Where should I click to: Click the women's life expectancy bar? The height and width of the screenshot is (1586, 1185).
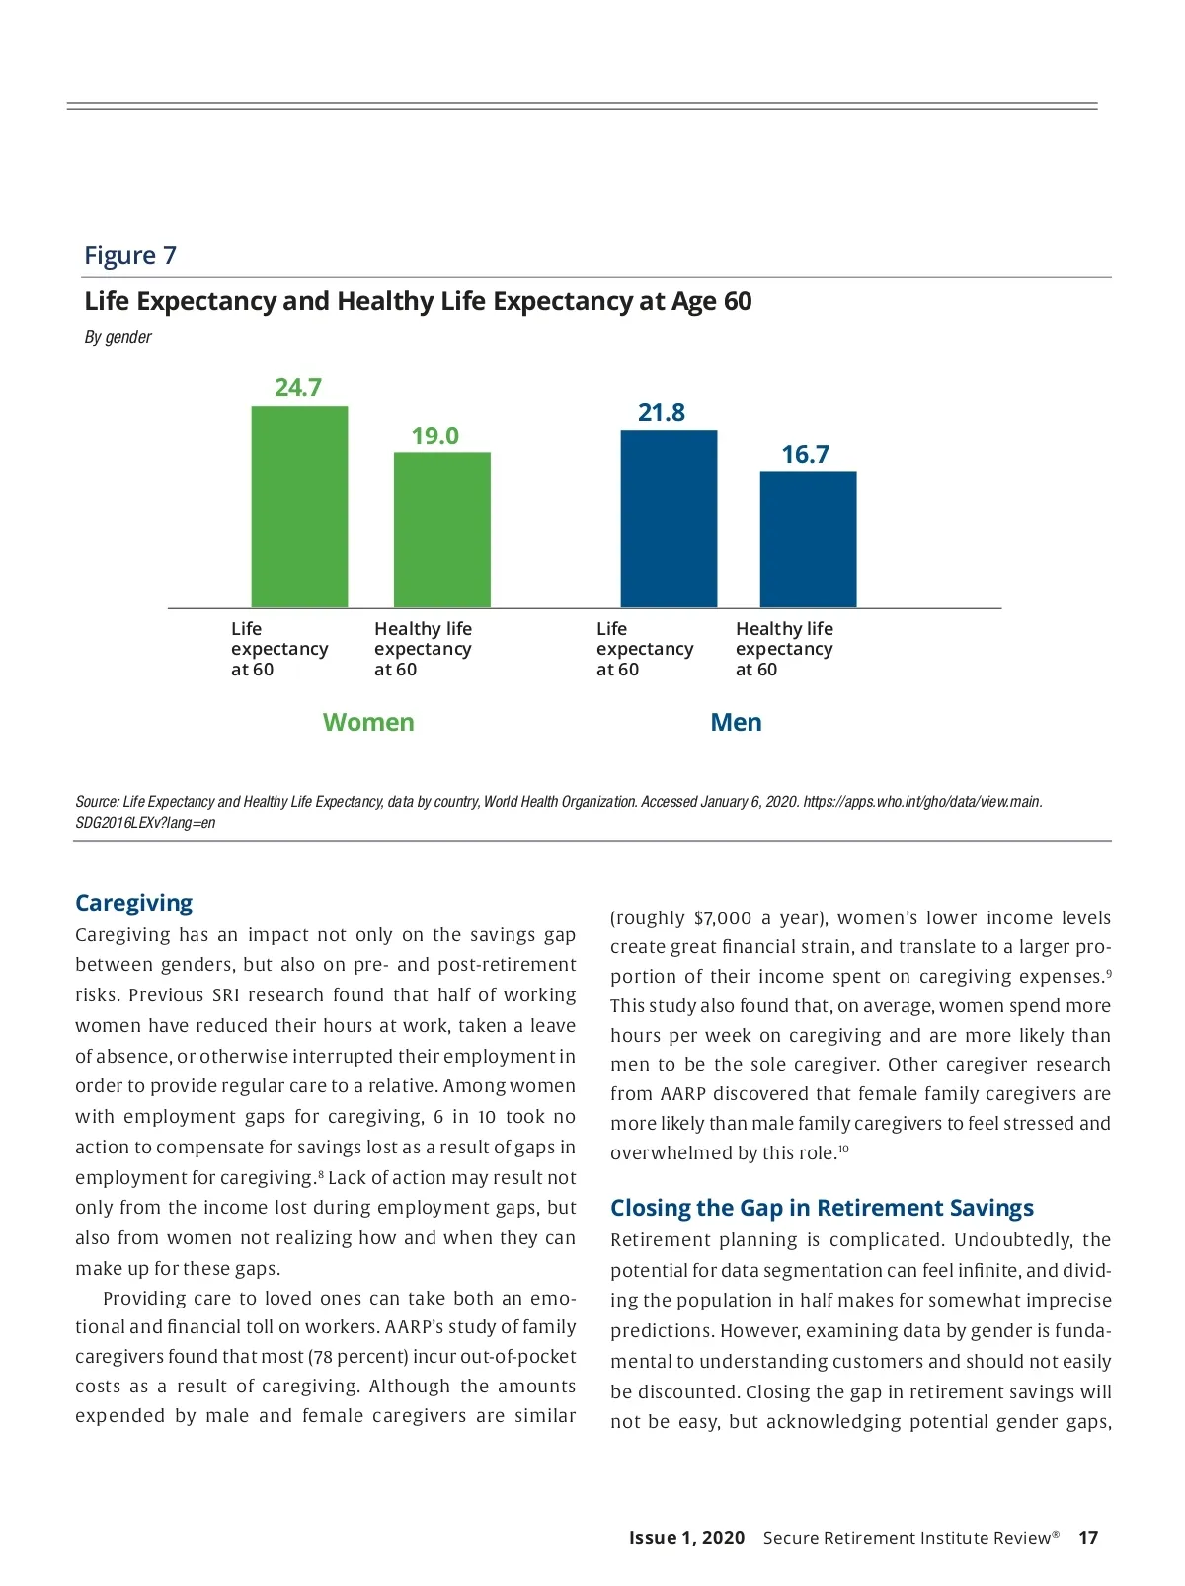point(299,507)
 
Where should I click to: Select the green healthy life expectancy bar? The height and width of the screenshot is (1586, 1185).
point(441,530)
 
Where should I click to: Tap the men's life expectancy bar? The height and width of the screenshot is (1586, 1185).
point(669,518)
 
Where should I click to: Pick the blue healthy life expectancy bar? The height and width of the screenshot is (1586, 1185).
point(808,539)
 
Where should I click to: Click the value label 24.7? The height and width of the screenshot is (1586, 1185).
point(298,387)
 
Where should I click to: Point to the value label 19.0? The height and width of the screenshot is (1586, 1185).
point(435,436)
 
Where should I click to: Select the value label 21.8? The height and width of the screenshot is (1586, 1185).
point(662,412)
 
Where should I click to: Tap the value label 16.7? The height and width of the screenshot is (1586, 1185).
point(806,454)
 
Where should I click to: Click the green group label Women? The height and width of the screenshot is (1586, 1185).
point(368,722)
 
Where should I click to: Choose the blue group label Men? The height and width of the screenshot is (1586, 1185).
point(736,722)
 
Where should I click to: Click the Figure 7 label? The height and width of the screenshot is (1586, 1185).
point(130,255)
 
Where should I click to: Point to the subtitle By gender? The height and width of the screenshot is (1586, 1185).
point(118,337)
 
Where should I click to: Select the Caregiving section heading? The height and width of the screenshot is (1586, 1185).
point(134,903)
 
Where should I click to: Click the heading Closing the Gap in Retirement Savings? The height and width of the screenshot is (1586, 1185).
point(822,1208)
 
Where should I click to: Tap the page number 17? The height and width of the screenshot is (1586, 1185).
point(1088,1537)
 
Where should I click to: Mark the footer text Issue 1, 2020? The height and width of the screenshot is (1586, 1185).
point(686,1537)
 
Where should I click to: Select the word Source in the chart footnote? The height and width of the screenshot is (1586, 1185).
point(96,802)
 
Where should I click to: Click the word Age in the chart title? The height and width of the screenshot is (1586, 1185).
point(694,301)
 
